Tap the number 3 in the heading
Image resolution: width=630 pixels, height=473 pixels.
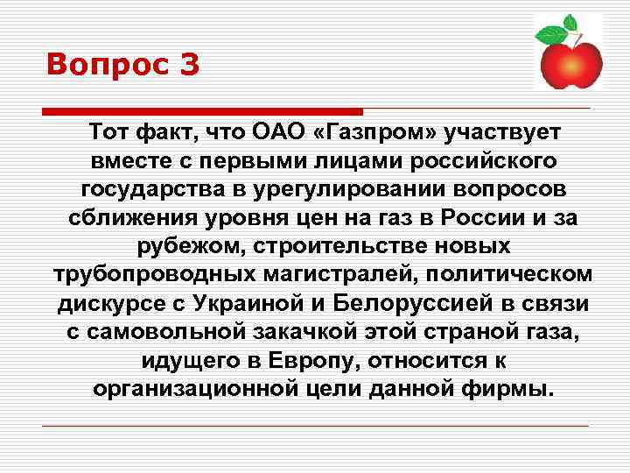tap(187, 65)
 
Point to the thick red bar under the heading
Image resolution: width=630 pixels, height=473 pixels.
tap(202, 111)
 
